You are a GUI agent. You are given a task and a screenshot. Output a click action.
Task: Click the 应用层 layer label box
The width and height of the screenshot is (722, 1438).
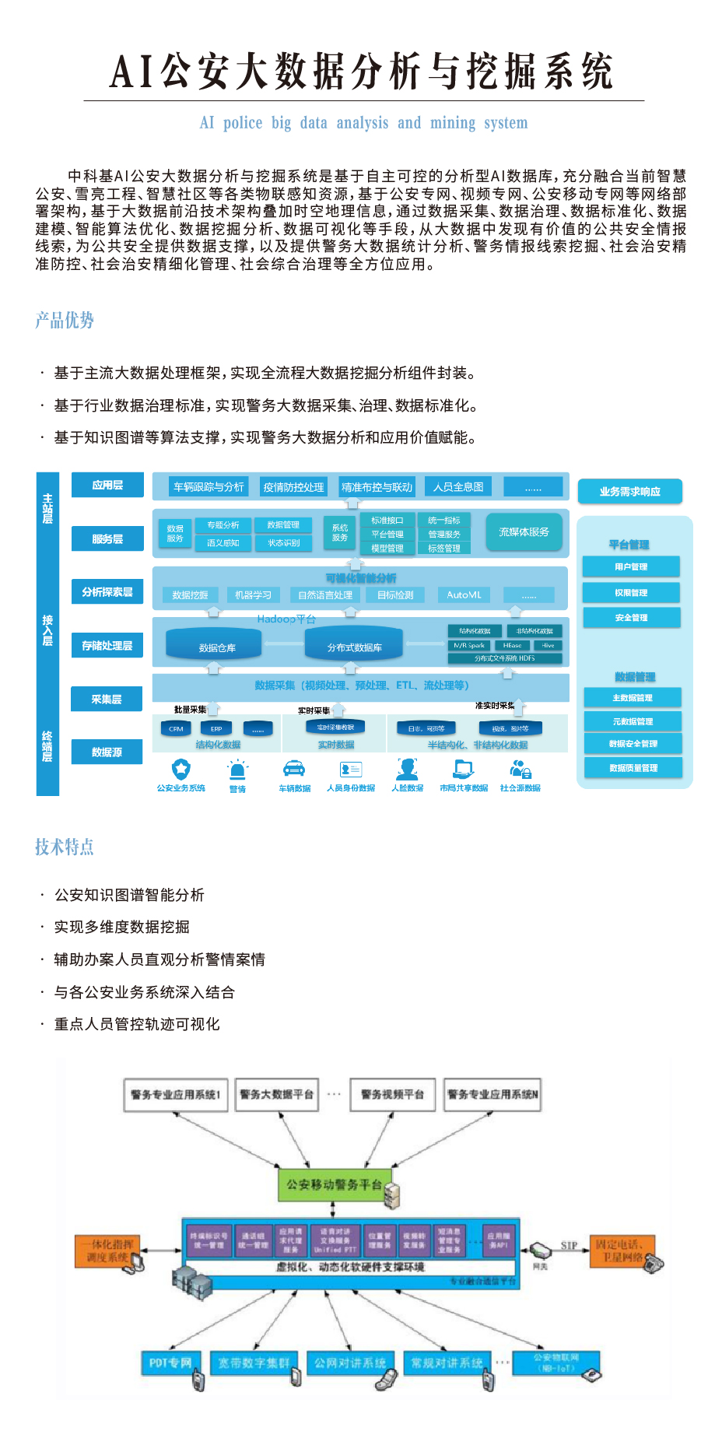[107, 485]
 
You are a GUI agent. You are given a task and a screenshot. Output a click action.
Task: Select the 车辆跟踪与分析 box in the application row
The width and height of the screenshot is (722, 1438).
[209, 487]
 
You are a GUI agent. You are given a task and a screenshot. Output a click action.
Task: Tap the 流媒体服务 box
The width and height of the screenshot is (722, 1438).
[524, 532]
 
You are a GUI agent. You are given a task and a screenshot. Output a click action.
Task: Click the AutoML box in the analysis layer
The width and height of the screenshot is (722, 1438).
[464, 595]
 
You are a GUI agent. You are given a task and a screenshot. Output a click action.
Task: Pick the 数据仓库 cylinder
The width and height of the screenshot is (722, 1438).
[217, 647]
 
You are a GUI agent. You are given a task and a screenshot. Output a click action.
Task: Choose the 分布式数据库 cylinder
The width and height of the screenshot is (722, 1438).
[354, 647]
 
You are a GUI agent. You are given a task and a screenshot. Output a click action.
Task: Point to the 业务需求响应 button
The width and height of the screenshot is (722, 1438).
[629, 492]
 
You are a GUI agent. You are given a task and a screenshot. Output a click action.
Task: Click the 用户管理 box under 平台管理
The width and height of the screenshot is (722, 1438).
[631, 566]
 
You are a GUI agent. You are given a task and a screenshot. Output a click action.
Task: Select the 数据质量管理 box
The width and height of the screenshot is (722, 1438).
[633, 768]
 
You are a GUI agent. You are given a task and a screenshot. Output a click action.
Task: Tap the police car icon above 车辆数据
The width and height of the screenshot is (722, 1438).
[294, 769]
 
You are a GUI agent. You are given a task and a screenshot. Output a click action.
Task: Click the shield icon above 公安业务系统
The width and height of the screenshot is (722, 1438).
[181, 769]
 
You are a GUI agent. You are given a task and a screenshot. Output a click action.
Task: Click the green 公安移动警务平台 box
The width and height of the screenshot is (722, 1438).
[334, 1185]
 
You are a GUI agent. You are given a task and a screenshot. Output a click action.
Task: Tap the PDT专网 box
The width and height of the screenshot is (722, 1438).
[170, 1363]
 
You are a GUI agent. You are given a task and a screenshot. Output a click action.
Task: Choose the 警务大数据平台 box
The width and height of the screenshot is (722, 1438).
[276, 1095]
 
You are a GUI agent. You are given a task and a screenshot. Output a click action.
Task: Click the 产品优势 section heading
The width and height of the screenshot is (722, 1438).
[65, 321]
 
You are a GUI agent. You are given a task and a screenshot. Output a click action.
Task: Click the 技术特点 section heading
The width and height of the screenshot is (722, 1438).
[65, 847]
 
